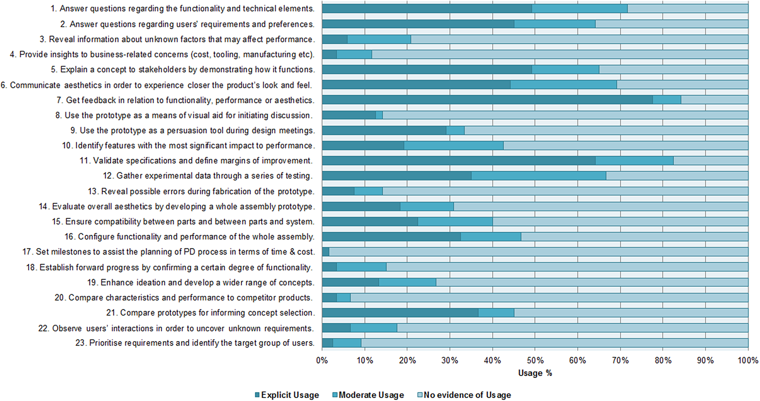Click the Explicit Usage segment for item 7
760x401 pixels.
487,100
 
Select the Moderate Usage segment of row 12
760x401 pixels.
538,175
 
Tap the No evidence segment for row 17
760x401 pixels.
538,252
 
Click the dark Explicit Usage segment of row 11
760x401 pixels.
458,160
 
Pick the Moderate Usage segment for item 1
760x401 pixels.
579,8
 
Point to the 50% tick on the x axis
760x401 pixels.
535,360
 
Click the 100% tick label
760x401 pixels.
747,360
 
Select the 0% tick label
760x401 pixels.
322,360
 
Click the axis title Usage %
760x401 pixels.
535,373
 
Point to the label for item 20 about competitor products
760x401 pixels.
183,297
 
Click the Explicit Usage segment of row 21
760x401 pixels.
400,313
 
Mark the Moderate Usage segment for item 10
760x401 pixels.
453,146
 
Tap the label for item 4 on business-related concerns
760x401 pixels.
162,54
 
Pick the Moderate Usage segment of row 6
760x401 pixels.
563,84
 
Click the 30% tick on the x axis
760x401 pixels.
450,360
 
